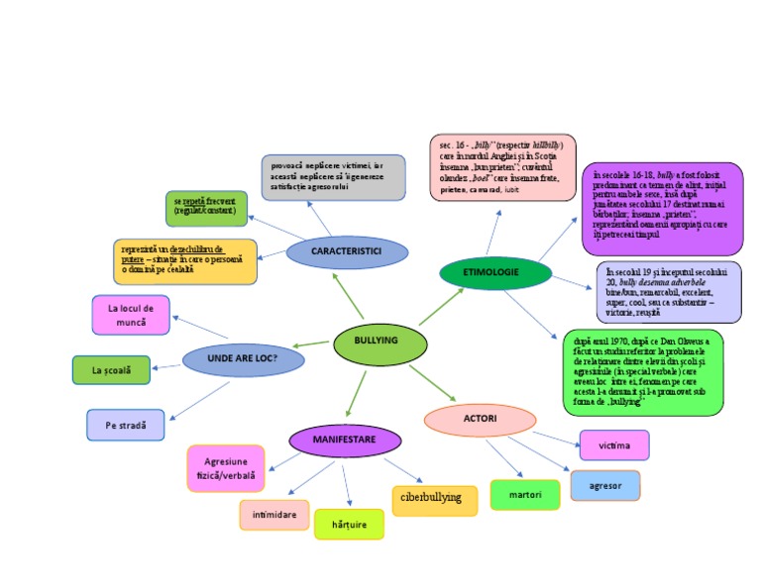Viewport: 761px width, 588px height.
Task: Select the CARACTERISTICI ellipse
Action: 347,252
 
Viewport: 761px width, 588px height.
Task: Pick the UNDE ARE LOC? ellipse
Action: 243,357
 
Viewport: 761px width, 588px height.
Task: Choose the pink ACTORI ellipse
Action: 480,420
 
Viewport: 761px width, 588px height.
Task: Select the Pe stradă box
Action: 125,425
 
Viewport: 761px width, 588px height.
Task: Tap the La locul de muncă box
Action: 131,315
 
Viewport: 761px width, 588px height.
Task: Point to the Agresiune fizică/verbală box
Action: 226,468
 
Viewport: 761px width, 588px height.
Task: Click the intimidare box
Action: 273,515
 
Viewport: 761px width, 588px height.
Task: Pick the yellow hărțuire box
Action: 349,525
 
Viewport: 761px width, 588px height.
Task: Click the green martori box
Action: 524,494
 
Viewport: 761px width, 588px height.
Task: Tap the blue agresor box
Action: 604,485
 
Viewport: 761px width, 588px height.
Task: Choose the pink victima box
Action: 614,445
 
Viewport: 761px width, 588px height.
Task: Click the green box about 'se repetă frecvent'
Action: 206,208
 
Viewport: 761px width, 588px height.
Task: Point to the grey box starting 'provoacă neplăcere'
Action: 334,176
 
